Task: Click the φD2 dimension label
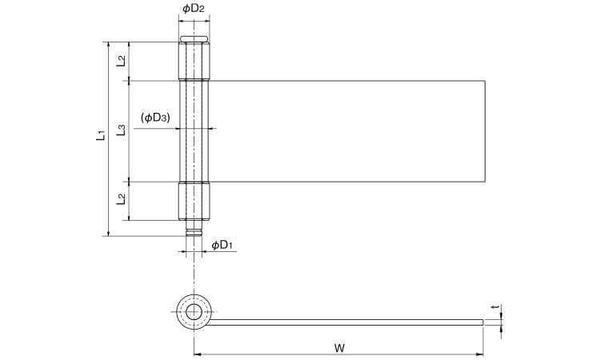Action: click(x=193, y=9)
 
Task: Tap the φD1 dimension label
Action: click(x=222, y=244)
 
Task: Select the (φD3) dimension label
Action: click(x=155, y=118)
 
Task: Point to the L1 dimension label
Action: click(x=99, y=137)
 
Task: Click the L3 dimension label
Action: click(x=120, y=130)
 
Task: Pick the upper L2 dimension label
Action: click(x=120, y=60)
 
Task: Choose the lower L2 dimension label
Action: click(x=120, y=199)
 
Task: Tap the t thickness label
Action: click(x=496, y=306)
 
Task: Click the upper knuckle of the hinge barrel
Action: click(x=193, y=61)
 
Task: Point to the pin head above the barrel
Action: click(x=193, y=39)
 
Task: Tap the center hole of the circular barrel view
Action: click(x=193, y=311)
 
